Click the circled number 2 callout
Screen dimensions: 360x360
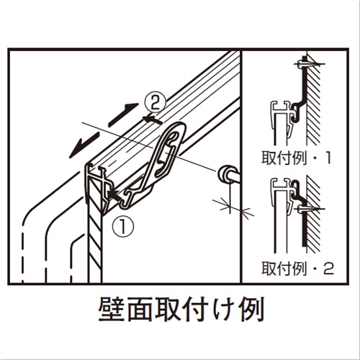[156, 103]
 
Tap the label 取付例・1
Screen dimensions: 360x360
[297, 158]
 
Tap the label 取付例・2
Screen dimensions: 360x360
[297, 269]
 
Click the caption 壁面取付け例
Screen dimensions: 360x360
[181, 310]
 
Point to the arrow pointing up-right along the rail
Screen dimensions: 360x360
[123, 114]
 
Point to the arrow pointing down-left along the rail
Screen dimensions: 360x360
[84, 145]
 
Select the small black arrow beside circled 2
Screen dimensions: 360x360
[152, 120]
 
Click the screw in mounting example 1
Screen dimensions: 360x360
[308, 64]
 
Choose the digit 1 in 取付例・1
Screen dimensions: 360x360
[328, 158]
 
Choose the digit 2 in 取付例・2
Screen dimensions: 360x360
[329, 269]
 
